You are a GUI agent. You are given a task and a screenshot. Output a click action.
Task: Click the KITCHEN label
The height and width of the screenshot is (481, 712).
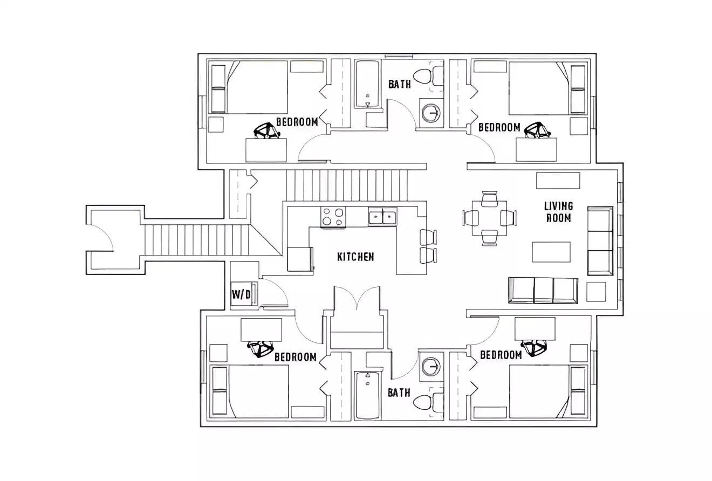tap(355, 257)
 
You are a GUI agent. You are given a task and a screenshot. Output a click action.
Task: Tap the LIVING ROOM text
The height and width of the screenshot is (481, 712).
tap(558, 212)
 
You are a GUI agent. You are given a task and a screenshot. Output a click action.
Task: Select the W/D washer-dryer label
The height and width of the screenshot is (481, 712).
tap(241, 294)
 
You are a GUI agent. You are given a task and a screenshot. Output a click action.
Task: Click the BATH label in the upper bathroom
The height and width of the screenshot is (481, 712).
tap(399, 84)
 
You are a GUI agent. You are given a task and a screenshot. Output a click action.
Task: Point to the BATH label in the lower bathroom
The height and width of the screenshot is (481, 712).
tap(399, 393)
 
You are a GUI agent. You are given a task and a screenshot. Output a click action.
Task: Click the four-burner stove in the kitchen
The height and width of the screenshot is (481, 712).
tap(333, 217)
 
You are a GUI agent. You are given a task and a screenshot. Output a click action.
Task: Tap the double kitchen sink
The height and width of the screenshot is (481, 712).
tap(382, 217)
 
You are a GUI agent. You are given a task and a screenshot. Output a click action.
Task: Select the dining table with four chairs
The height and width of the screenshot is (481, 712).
tap(489, 218)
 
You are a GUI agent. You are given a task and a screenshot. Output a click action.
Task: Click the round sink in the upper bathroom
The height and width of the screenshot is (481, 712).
tap(430, 113)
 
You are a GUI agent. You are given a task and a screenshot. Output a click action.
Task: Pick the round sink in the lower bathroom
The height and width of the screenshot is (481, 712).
tap(430, 366)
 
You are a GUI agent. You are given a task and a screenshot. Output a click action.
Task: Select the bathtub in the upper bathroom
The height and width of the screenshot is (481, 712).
tap(368, 84)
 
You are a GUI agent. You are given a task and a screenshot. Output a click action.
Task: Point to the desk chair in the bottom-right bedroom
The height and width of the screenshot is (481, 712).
tap(535, 347)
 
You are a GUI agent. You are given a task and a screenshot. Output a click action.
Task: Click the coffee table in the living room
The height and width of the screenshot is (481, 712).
tap(551, 252)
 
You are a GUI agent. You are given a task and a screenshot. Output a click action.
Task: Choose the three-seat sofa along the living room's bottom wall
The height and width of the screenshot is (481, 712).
tap(543, 290)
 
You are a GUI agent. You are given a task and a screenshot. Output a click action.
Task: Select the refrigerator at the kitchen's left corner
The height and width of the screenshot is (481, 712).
tap(299, 259)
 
